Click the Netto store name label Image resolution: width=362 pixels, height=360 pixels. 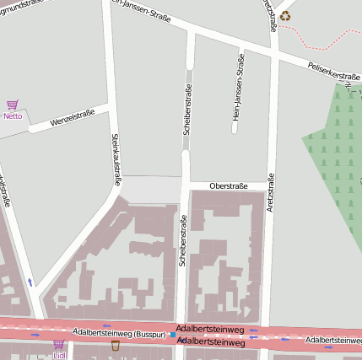pyautogui.click(x=13, y=116)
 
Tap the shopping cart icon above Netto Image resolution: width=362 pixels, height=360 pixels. pyautogui.click(x=13, y=105)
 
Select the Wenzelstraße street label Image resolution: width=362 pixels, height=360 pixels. pyautogui.click(x=72, y=120)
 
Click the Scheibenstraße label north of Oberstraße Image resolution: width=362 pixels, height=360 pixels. pyautogui.click(x=187, y=110)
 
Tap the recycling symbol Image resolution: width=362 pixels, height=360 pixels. pyautogui.click(x=285, y=15)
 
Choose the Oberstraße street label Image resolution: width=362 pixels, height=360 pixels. pyautogui.click(x=228, y=185)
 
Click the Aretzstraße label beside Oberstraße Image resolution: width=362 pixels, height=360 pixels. pyautogui.click(x=271, y=192)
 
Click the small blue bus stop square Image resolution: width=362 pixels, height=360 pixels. pyautogui.click(x=172, y=335)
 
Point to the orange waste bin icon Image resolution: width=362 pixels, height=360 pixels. pyautogui.click(x=116, y=345)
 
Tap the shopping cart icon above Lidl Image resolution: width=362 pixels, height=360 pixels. pyautogui.click(x=59, y=344)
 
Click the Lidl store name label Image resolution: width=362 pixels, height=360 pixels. pyautogui.click(x=59, y=355)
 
